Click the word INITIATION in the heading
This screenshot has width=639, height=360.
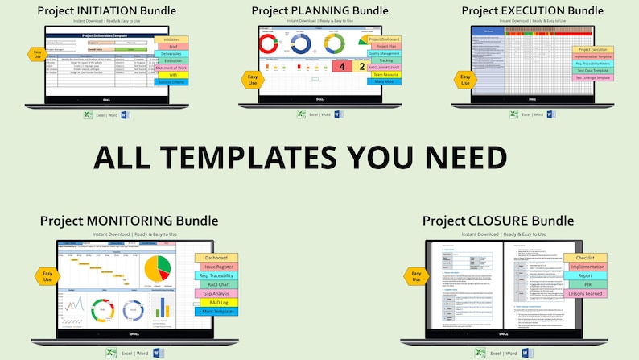pos(117,10)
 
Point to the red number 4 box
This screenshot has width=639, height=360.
pos(340,66)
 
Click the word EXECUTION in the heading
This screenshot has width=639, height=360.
pos(537,10)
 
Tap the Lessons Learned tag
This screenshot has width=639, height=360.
pos(587,294)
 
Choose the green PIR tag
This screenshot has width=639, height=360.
pos(587,284)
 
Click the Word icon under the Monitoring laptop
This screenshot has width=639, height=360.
pos(158,353)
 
